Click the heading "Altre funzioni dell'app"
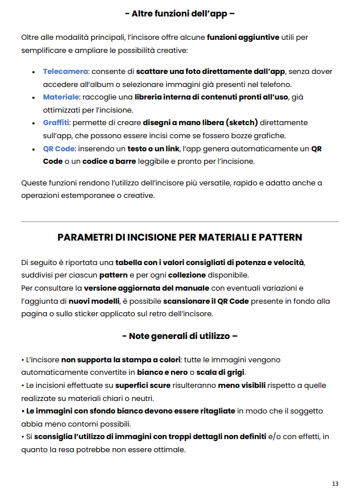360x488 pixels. click(180, 13)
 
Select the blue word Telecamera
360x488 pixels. click(65, 71)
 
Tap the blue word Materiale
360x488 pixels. click(61, 97)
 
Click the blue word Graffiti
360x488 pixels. click(56, 123)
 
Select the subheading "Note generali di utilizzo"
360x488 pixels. click(180, 336)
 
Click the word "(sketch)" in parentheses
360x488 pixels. click(241, 123)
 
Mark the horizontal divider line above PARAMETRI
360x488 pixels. click(180, 221)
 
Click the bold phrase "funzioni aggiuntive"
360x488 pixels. click(243, 37)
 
